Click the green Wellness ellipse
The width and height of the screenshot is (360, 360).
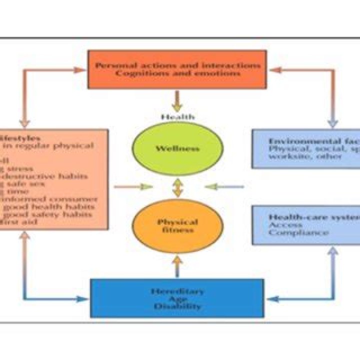click(x=177, y=148)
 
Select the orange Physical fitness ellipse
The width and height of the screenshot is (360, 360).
click(x=177, y=226)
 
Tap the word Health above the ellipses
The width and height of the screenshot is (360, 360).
click(x=177, y=117)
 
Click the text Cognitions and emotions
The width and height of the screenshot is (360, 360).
click(x=177, y=73)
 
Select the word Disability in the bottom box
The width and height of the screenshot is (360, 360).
click(x=177, y=306)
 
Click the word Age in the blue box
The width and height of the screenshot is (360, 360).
click(x=177, y=299)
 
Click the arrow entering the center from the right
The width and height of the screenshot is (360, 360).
click(x=225, y=187)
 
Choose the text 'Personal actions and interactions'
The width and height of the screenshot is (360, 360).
click(x=177, y=65)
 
